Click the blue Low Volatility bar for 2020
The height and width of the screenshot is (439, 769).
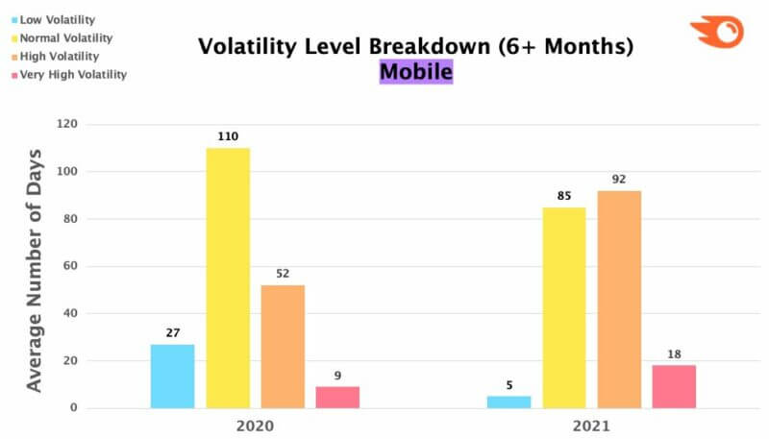point(172,376)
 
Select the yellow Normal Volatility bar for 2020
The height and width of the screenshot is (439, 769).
point(228,278)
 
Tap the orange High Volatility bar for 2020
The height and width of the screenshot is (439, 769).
point(283,346)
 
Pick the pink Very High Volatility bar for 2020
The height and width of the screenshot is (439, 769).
point(337,397)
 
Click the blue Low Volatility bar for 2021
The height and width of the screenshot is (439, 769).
point(509,402)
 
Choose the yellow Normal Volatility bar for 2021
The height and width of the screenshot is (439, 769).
point(563,307)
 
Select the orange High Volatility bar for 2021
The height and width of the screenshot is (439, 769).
point(618,299)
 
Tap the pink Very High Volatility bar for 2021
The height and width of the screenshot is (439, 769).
point(673,386)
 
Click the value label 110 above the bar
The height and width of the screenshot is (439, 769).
point(228,136)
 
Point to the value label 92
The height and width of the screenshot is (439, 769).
point(618,179)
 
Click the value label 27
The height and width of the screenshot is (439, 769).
point(172,332)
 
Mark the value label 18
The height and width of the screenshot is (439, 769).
point(673,354)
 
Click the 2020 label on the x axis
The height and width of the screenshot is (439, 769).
point(255,425)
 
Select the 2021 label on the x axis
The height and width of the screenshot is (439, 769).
point(590,425)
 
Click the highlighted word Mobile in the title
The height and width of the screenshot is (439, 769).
point(415,71)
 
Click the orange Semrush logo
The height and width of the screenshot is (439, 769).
point(716,32)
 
